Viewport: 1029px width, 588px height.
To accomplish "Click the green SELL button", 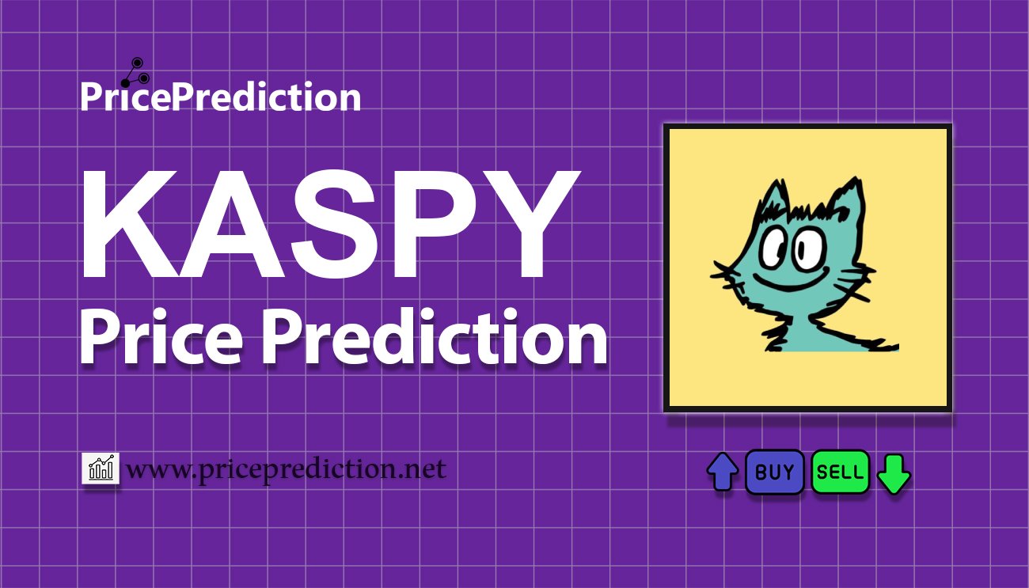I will pyautogui.click(x=840, y=472).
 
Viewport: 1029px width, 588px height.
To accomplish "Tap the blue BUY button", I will pyautogui.click(x=774, y=472).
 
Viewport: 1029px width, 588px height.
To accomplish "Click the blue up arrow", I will pyautogui.click(x=722, y=472).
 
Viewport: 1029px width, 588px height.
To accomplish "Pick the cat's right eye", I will pyautogui.click(x=806, y=246).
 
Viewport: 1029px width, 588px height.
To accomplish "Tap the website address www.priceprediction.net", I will pyautogui.click(x=286, y=469).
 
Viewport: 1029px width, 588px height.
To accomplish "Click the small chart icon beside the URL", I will pyautogui.click(x=101, y=469).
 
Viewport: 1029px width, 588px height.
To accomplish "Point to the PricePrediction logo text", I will pyautogui.click(x=220, y=97).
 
